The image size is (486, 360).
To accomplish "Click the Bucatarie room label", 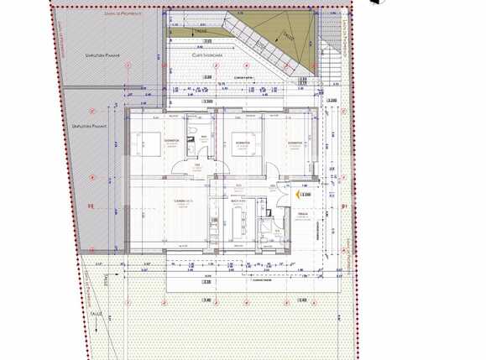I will (x=238, y=202).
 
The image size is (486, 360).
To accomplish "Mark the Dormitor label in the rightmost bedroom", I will (x=295, y=143).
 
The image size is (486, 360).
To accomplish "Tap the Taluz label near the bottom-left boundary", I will (x=97, y=315).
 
